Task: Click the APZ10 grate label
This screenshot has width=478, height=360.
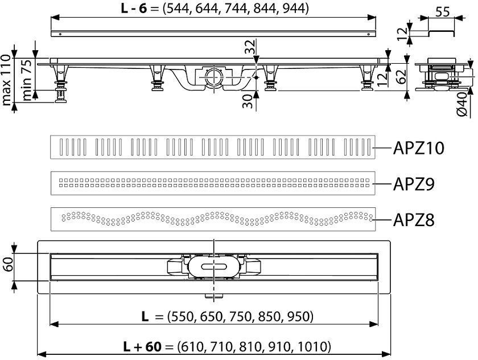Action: tap(419, 148)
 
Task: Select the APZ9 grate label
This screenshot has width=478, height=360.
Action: tap(414, 183)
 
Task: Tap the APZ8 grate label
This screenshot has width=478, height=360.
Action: tap(414, 220)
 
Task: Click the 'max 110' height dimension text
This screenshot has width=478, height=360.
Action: tap(6, 80)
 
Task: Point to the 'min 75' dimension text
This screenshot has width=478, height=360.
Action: tap(27, 80)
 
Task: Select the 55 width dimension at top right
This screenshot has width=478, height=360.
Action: tap(442, 12)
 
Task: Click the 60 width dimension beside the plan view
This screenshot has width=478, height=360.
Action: tap(8, 264)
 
